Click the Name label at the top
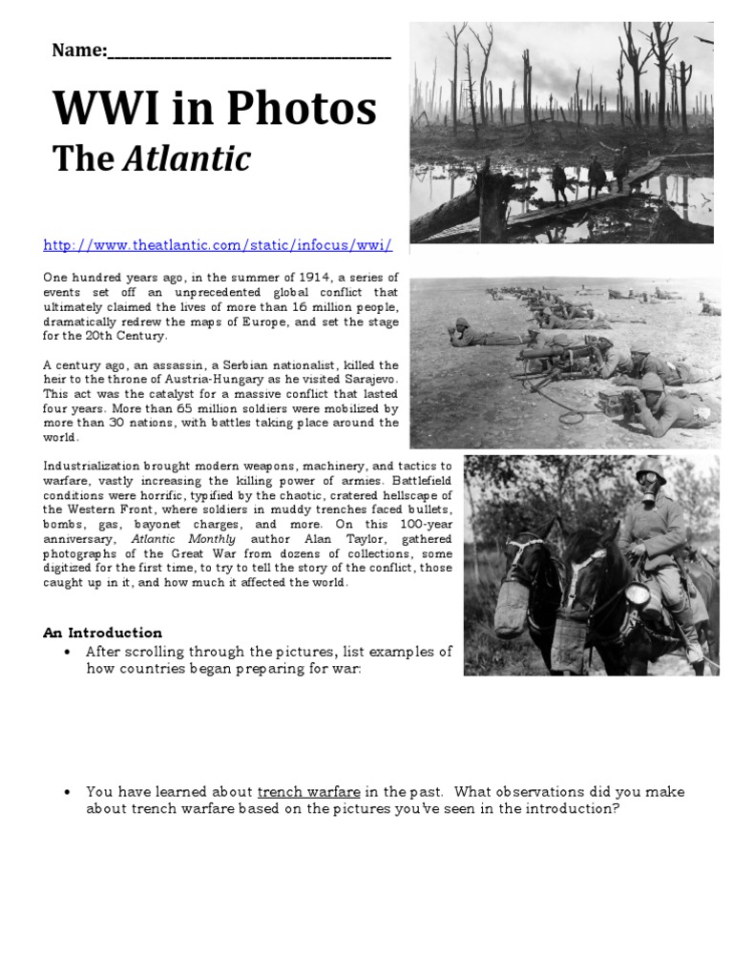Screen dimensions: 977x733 point(79,52)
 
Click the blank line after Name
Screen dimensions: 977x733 point(249,53)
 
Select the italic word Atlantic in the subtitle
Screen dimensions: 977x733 point(186,159)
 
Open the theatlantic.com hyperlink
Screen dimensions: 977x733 point(218,245)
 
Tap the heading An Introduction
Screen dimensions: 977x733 point(103,633)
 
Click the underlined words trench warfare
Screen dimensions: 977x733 point(308,792)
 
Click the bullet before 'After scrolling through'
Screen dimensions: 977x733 point(66,652)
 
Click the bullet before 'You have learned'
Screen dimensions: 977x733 point(66,792)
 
